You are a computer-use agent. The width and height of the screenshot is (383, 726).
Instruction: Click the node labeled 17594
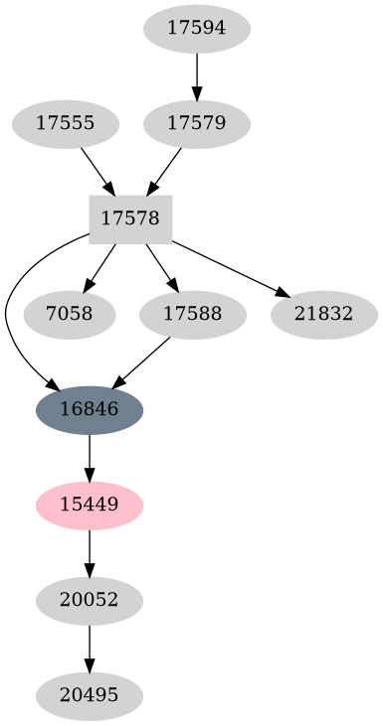(x=197, y=29)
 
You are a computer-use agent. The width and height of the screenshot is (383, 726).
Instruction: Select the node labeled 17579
(x=197, y=124)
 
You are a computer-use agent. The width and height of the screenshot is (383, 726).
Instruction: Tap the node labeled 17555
(x=66, y=124)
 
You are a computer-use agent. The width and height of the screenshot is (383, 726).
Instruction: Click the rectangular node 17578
(x=130, y=219)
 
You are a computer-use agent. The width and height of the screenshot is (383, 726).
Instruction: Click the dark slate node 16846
(x=90, y=409)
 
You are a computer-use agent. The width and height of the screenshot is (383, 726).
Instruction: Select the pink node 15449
(x=90, y=505)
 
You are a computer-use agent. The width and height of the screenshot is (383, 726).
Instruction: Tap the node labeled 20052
(x=90, y=600)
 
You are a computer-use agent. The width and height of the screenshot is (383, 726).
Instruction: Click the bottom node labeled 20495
(x=90, y=695)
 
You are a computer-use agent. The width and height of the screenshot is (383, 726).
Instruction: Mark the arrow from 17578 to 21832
(x=229, y=267)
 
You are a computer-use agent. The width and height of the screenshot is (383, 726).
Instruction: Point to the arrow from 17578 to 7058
(x=101, y=266)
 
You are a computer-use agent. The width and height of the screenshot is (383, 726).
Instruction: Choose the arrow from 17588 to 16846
(x=141, y=362)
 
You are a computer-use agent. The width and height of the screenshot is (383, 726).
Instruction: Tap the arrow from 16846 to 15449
(x=90, y=457)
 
